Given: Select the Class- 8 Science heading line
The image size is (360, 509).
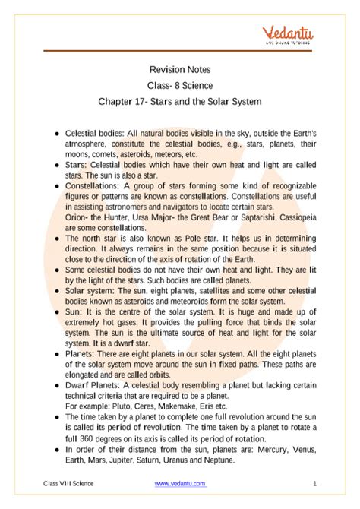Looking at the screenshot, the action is tap(180, 84).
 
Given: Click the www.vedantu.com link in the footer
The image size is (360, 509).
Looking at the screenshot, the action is tap(180, 484).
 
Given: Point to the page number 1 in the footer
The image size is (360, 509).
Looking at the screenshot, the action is tap(314, 484).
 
